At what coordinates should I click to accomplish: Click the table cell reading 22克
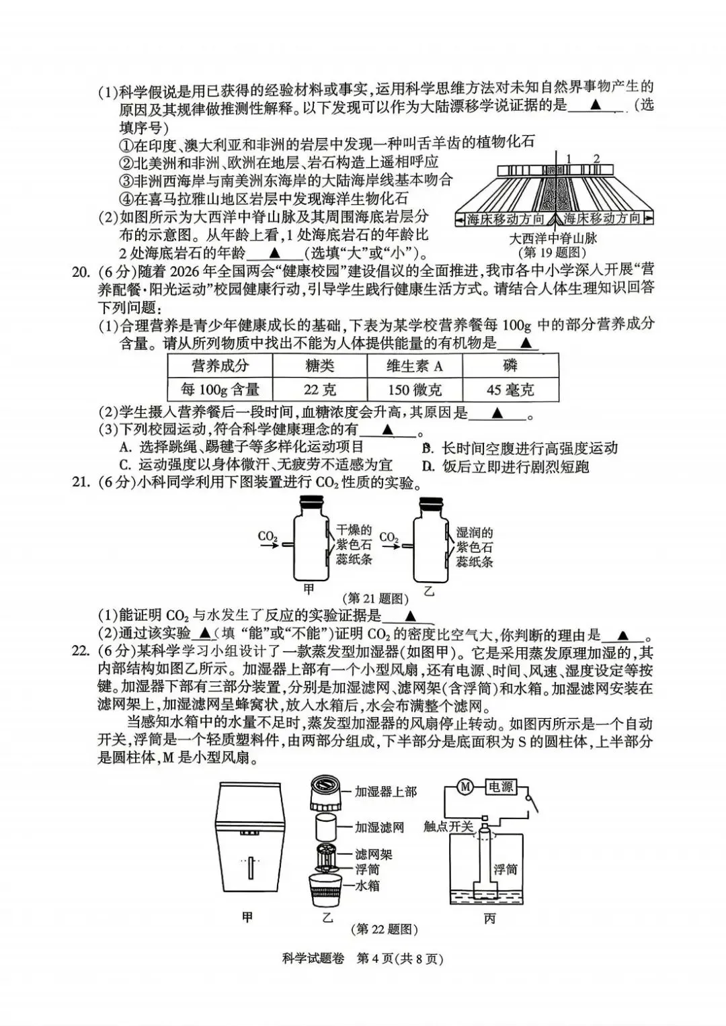[x=319, y=389]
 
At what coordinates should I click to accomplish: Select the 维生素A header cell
[x=415, y=366]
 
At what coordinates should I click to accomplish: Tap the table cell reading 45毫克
[x=510, y=389]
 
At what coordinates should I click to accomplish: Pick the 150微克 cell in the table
[x=415, y=389]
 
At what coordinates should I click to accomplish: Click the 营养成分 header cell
[x=220, y=366]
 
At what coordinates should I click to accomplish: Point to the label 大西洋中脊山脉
[x=553, y=238]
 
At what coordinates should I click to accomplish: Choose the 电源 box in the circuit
[x=501, y=786]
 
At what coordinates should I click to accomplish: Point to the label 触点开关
[x=448, y=826]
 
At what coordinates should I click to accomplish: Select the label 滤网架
[x=374, y=855]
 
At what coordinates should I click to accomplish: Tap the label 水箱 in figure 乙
[x=367, y=886]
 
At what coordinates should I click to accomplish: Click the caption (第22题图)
[x=385, y=929]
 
